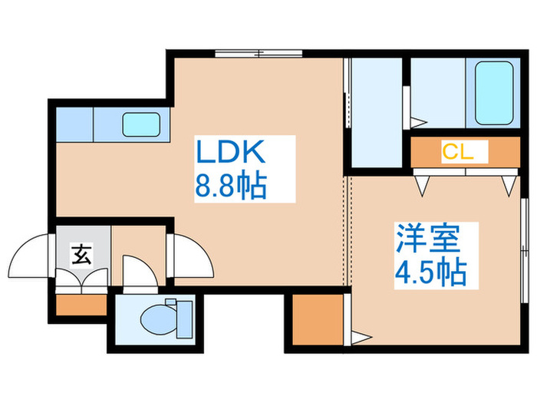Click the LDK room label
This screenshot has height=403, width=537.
coord(230,151)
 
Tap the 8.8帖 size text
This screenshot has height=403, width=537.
coord(230,186)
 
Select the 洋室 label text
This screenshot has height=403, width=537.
coord(428,239)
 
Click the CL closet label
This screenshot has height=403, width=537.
coord(458,151)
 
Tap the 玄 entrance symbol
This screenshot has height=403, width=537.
coord(82,255)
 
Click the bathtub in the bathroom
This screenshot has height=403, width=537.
coord(494,93)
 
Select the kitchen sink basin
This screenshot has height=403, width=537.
coord(141,124)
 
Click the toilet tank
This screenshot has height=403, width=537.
coord(185,319)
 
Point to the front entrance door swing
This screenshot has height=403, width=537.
coord(28,256)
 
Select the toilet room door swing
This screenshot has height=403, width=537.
coord(140,271)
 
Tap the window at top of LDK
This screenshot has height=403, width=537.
coord(259,54)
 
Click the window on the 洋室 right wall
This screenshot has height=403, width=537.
coord(524,251)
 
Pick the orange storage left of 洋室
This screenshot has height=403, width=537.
coord(318,320)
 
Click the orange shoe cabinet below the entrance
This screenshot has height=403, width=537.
coord(81,305)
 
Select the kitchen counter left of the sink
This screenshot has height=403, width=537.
coord(74,124)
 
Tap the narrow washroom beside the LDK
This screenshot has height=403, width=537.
coord(377,113)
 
